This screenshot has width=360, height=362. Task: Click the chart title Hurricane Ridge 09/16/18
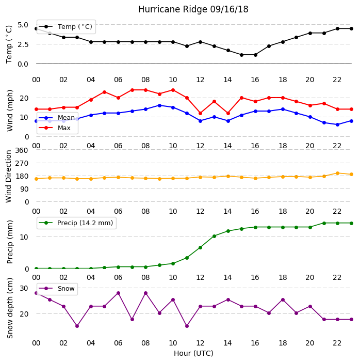coord(193,9)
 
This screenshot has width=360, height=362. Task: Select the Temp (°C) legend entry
coord(66,27)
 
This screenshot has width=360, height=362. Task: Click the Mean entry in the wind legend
coord(57,118)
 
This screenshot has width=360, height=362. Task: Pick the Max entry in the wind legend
coord(55,128)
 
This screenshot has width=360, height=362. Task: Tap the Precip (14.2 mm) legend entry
coord(76,223)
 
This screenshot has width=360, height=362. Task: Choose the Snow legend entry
coord(57,289)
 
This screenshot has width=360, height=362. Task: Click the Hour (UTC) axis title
coord(193,353)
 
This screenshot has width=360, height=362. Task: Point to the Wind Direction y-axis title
coord(9,177)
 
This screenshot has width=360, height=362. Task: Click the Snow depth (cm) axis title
coord(10,308)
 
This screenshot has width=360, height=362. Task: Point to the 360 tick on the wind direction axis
coord(22,150)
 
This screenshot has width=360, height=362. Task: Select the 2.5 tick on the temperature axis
coord(23,44)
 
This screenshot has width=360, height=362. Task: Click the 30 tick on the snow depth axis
coord(24,288)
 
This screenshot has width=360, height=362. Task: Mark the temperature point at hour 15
coord(241,55)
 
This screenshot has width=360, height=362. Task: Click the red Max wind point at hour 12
coord(200,114)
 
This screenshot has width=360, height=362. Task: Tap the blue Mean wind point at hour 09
coord(159,105)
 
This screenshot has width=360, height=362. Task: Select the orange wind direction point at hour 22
coord(337,173)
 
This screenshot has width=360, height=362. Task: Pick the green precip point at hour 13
coord(214,236)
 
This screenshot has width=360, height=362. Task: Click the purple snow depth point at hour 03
coord(77,326)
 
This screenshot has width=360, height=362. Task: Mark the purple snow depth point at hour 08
coord(145,293)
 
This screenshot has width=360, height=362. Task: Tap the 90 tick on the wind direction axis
coord(24,189)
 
